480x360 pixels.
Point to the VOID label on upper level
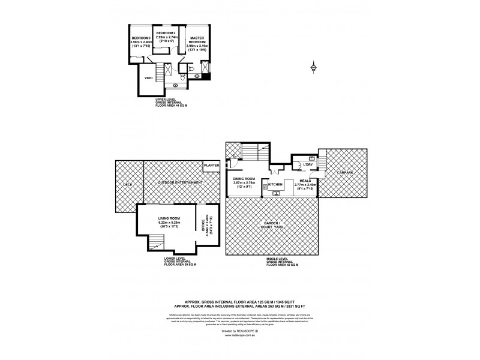pyautogui.click(x=149, y=78)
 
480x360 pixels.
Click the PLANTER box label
pyautogui.click(x=211, y=165)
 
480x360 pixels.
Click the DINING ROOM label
pyautogui.click(x=245, y=178)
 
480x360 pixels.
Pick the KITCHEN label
pyautogui.click(x=275, y=185)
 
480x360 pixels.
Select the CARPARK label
pyautogui.click(x=343, y=173)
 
